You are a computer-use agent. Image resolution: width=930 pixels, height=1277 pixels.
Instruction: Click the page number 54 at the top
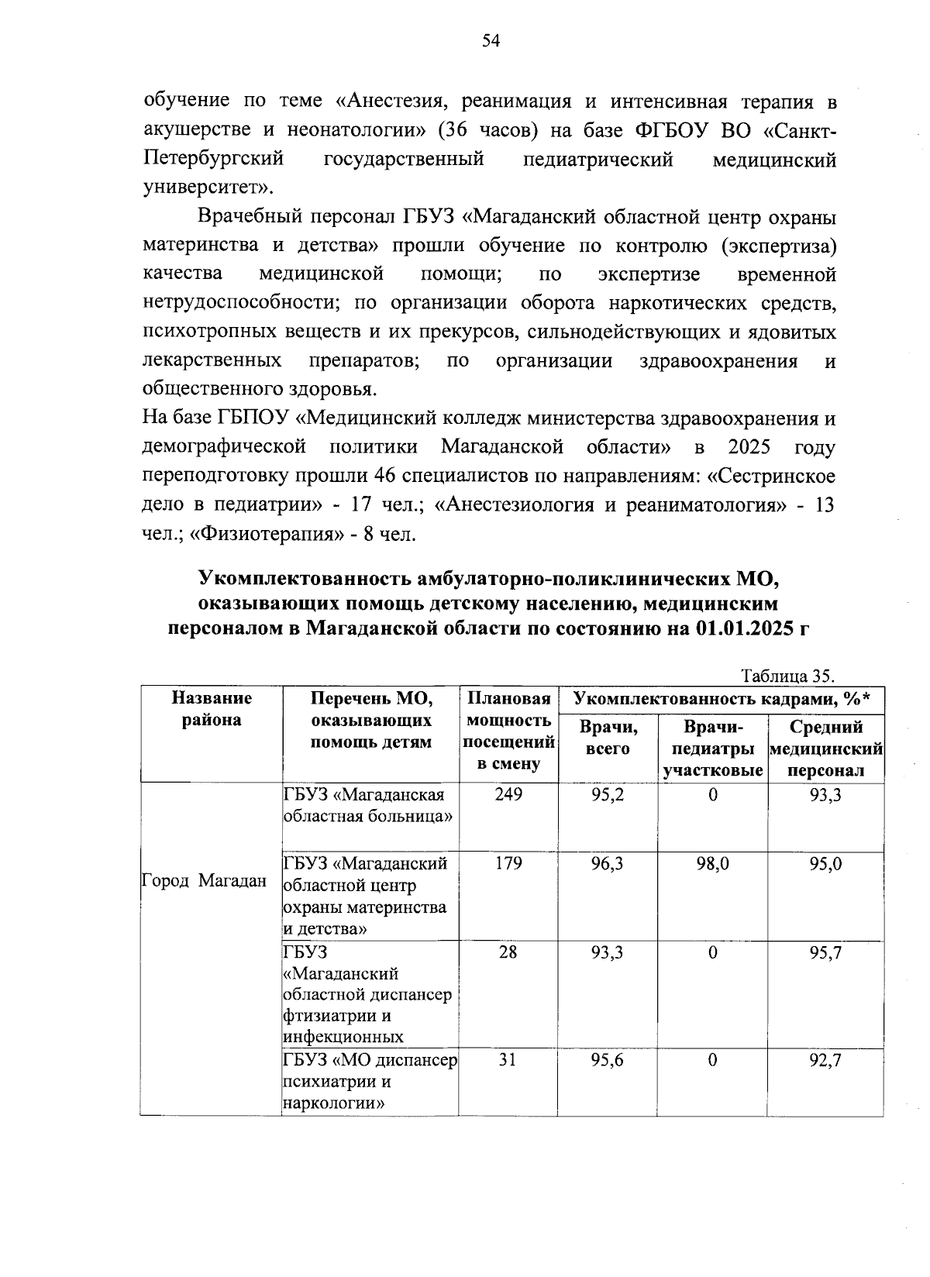491,42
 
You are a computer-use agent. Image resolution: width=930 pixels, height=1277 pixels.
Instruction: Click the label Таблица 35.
787,675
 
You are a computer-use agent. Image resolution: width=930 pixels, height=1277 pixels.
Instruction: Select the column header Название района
212,709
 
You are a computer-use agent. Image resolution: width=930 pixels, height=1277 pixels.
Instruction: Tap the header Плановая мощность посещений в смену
508,731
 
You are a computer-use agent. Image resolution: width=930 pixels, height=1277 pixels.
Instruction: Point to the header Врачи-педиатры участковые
712,749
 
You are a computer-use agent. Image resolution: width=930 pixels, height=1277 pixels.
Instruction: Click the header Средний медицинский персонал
825,749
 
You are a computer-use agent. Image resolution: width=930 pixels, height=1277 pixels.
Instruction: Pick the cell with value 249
508,795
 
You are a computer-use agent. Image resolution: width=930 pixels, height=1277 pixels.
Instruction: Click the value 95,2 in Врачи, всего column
607,795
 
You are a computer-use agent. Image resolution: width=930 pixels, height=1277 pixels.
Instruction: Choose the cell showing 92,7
825,1060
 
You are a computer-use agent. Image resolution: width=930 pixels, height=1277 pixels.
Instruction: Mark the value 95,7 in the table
825,953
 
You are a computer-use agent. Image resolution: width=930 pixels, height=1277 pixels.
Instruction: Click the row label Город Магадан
205,881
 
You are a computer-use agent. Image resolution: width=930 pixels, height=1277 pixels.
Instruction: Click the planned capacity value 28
508,953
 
